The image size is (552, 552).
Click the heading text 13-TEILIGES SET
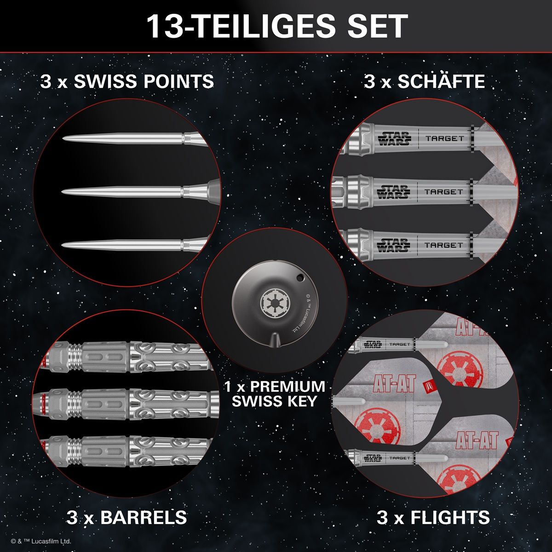[277, 26]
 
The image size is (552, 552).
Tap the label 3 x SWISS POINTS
[127, 81]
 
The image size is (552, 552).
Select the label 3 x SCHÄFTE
[424, 81]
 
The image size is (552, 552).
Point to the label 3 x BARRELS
[126, 517]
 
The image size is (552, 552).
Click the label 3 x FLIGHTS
[433, 517]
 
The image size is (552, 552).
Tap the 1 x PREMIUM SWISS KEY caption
[275, 394]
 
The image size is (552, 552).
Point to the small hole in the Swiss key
[300, 277]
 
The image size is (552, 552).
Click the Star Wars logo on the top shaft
[394, 138]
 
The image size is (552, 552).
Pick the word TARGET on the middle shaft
[444, 192]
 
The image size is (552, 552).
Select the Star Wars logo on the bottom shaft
[393, 245]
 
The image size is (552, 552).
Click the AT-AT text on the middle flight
[394, 383]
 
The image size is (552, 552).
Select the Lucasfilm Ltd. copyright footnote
[40, 541]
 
